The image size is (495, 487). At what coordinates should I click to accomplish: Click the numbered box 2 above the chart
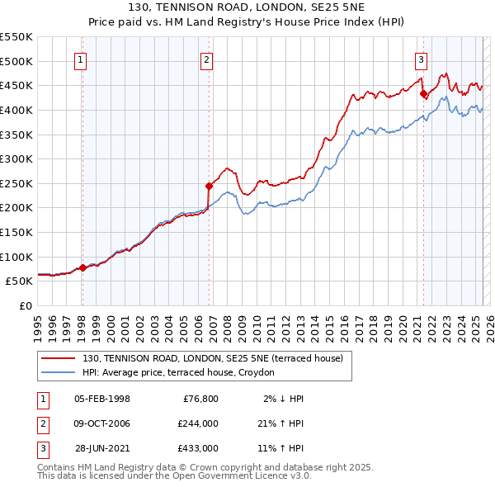coord(205,59)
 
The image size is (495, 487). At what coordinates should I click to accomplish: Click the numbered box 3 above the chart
coord(421,59)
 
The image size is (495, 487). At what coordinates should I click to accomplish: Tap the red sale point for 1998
coord(82,267)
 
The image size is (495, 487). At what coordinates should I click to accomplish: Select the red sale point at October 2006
coord(209,187)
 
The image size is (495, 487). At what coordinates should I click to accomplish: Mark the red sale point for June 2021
coord(423,93)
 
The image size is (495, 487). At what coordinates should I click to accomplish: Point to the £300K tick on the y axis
coord(16,158)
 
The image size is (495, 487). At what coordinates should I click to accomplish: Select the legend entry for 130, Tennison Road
coord(218,358)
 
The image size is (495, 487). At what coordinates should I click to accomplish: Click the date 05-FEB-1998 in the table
coord(101,399)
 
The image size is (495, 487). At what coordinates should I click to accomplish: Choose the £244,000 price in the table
coord(197,423)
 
